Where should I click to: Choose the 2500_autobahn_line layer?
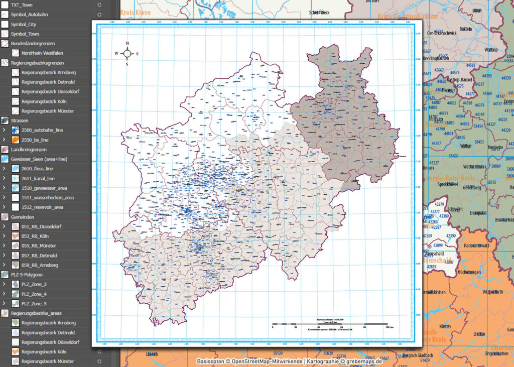tap(42, 130)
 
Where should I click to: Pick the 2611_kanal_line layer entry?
tap(38, 178)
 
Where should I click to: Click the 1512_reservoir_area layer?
tap(42, 207)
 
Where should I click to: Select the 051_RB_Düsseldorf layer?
tap(42, 226)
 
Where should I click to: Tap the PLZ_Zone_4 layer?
tap(34, 294)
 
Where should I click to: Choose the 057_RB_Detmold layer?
tap(39, 256)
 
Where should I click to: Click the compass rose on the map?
tap(127, 53)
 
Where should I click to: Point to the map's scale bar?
tap(329, 324)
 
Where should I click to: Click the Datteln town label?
tap(465, 29)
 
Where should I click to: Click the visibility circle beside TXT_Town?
tap(99, 5)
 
